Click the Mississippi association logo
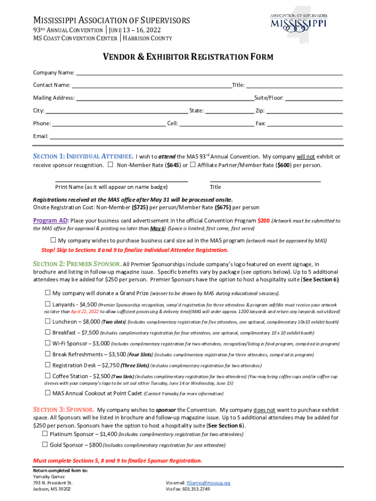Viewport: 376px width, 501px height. click(298, 22)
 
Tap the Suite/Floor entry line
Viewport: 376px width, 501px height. click(313, 100)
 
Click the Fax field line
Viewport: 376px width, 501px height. click(305, 125)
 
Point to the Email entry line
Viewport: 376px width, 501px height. click(196, 138)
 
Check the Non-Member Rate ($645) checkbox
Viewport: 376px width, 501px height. click(111, 165)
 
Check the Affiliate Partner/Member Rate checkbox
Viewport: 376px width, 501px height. click(193, 165)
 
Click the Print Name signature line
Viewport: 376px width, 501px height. click(121, 182)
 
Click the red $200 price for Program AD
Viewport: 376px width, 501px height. click(263, 221)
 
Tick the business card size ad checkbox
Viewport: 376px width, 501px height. click(53, 240)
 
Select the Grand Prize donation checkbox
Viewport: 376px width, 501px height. click(48, 293)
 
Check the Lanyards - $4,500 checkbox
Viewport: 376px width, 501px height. click(48, 304)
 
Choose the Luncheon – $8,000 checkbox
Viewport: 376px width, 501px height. click(48, 321)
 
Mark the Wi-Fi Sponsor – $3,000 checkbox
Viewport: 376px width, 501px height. click(48, 343)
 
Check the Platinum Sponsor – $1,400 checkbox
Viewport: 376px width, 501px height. click(45, 433)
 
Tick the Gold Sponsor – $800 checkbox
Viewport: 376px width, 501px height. click(45, 445)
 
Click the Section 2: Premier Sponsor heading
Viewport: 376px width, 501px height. click(77, 264)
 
